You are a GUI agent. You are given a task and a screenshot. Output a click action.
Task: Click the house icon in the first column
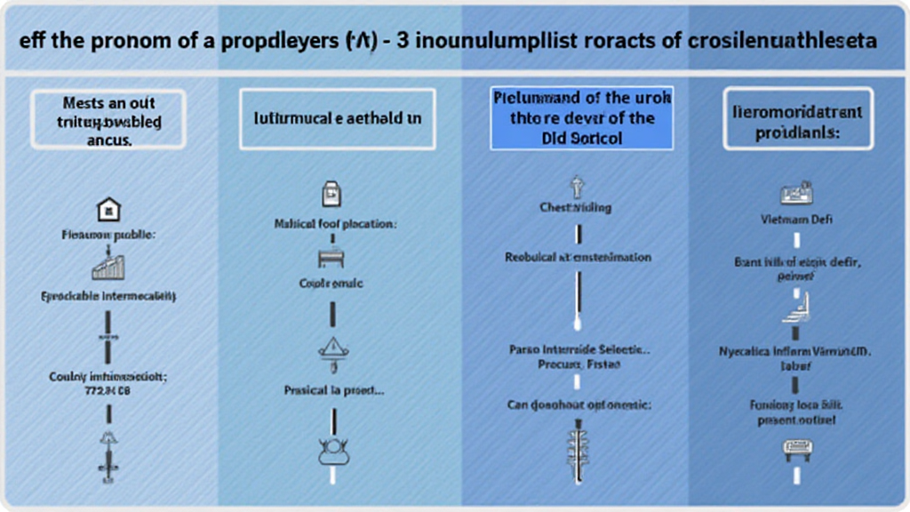click(x=108, y=210)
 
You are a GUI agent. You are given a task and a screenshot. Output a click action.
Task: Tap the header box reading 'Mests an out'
click(x=108, y=117)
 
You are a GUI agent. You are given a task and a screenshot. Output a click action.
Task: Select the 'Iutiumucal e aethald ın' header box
click(x=337, y=117)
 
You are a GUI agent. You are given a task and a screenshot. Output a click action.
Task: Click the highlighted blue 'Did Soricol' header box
click(x=582, y=117)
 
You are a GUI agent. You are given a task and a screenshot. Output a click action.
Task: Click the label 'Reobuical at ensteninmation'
click(x=578, y=257)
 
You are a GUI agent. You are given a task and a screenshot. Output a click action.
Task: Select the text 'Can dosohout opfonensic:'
click(x=579, y=404)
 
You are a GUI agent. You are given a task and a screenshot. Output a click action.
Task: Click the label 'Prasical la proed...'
click(x=333, y=389)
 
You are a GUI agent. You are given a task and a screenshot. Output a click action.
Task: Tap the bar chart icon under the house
click(x=108, y=266)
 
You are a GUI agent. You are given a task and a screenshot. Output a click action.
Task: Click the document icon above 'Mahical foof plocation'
click(x=331, y=194)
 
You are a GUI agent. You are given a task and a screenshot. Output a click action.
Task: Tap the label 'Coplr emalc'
click(x=331, y=284)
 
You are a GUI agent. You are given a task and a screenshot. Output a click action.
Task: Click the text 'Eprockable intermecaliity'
click(x=108, y=295)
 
